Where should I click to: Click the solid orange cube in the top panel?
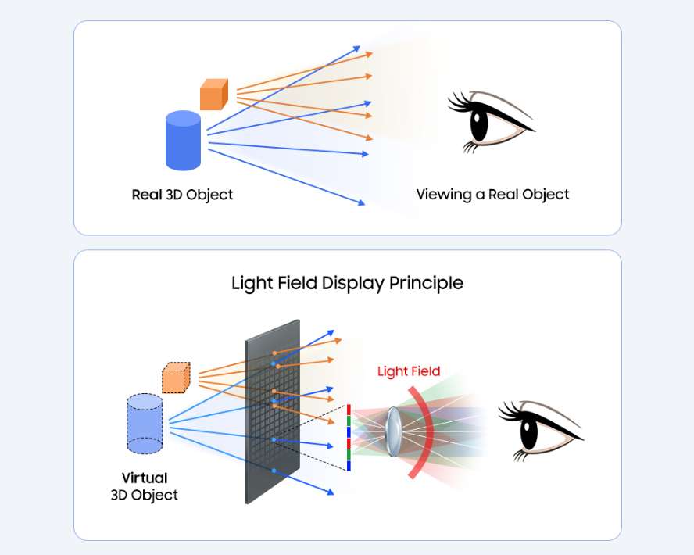[213, 95]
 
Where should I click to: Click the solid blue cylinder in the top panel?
[184, 141]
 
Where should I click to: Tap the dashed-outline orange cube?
[176, 378]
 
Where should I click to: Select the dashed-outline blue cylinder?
[145, 424]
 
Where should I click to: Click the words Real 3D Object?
[182, 195]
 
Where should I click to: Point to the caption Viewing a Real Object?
[492, 195]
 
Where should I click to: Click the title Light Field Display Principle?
[347, 283]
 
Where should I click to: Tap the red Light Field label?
[409, 371]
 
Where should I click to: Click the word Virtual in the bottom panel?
[145, 478]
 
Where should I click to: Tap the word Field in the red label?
[425, 371]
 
